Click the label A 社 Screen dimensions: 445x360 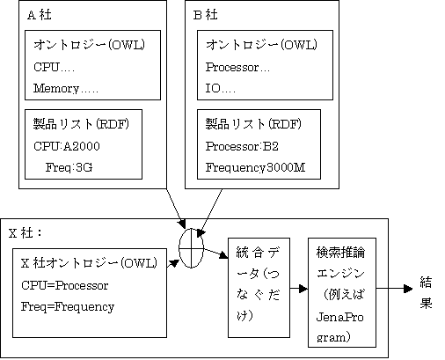(x=40, y=15)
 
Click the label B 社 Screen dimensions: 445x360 (x=205, y=15)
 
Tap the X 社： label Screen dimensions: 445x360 (x=26, y=233)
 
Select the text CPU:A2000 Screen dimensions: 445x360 (x=67, y=146)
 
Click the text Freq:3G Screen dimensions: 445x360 (x=69, y=167)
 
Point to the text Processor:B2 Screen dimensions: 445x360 (x=242, y=146)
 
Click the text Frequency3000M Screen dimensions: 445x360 (x=255, y=167)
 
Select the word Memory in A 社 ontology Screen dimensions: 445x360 (x=56, y=88)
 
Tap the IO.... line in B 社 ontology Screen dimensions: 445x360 (x=220, y=88)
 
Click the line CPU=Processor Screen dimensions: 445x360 (x=65, y=285)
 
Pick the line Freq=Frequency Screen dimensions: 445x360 (x=68, y=307)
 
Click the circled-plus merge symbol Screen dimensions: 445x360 (x=191, y=248)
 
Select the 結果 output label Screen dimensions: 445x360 (x=426, y=292)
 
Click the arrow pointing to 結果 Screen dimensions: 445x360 (x=394, y=289)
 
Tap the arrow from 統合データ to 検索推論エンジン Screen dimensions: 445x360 (x=299, y=289)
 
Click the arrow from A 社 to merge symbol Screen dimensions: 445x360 (x=176, y=209)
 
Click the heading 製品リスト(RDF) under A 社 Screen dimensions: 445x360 (x=81, y=124)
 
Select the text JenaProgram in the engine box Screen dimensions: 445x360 (x=339, y=327)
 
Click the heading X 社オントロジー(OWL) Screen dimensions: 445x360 (x=89, y=262)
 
